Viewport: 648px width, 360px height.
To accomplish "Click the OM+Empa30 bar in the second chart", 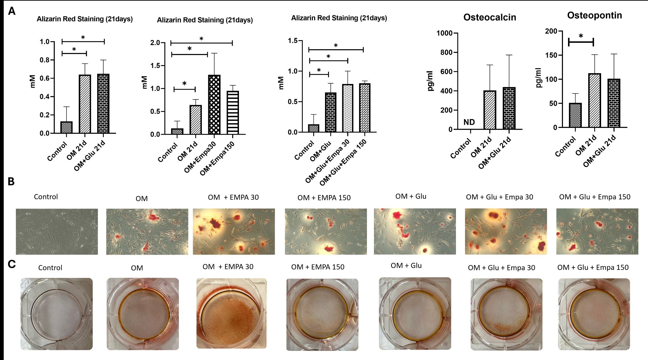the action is point(214,105).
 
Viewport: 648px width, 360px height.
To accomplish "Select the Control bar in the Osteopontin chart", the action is point(575,115).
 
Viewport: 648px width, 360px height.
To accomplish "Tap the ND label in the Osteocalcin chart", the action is point(469,122).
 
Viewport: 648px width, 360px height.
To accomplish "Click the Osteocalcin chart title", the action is point(490,18).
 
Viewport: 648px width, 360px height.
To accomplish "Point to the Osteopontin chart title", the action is point(594,16).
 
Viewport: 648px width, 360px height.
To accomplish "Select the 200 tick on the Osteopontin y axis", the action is point(551,31).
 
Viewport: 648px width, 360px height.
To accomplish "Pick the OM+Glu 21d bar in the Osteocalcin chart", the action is point(509,108).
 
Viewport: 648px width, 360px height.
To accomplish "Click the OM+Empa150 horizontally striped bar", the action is point(233,113).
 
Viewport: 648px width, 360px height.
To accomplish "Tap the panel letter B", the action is point(11,182).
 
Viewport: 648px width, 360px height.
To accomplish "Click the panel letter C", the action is point(11,264).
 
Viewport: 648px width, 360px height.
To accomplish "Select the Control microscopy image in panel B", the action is point(57,231).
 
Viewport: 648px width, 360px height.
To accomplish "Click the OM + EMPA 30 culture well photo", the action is point(231,313).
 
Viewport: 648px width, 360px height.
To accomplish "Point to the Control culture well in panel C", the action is point(56,314).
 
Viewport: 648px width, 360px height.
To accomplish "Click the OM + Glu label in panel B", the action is point(411,196).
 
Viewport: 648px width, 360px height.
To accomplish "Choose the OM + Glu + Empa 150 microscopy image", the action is point(597,231).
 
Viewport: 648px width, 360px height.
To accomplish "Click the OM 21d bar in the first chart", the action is point(85,104).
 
